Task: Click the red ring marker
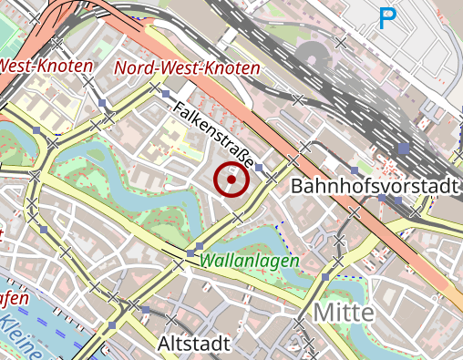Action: [x=231, y=180]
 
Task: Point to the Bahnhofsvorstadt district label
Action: [x=374, y=187]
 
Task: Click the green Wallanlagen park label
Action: [x=250, y=261]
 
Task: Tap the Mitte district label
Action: [x=344, y=313]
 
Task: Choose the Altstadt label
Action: [x=193, y=344]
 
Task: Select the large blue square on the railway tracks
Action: [x=404, y=148]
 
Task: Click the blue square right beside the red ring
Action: [x=260, y=168]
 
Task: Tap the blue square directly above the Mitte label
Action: [x=326, y=275]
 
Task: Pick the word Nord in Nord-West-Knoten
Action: [x=132, y=67]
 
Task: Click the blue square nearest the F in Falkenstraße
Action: [x=165, y=94]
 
